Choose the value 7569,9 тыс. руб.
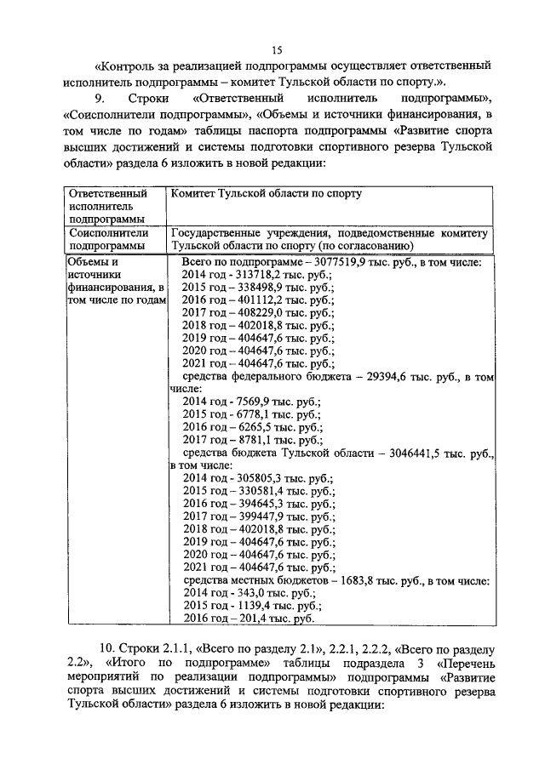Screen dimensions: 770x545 pos(256,402)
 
